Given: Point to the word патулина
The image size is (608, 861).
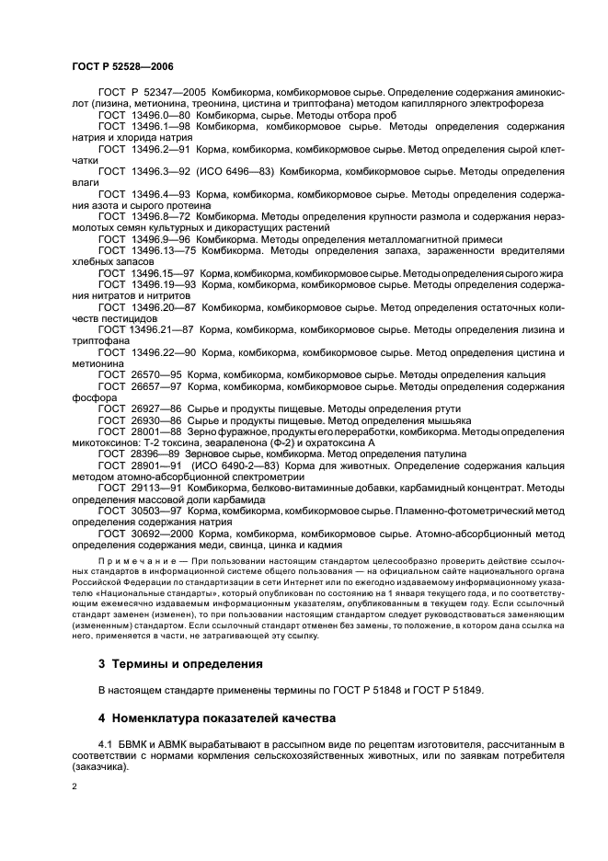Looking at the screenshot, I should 443,453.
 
